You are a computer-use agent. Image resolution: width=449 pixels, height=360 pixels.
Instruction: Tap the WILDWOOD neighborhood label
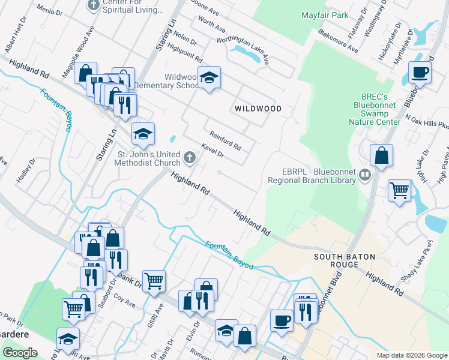258,109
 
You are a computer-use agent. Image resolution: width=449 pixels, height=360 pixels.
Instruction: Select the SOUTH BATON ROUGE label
345,262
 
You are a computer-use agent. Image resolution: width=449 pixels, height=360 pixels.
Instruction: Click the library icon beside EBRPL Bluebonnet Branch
364,175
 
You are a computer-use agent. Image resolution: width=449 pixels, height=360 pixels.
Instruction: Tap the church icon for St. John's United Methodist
190,158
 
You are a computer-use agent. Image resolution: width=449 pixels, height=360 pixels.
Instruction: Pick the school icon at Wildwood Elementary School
209,78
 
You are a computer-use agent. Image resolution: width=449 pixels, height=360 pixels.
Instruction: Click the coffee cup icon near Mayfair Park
420,73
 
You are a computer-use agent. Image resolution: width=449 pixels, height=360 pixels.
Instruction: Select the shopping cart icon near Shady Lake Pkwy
399,191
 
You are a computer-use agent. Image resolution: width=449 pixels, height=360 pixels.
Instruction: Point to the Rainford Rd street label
225,142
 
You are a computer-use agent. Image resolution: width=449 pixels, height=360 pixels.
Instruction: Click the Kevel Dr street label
212,151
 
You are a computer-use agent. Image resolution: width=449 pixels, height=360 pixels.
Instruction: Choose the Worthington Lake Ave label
243,48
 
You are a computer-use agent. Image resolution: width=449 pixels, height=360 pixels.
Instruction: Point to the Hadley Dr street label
25,172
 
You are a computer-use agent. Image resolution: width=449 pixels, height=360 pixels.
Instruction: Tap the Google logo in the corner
20,353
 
